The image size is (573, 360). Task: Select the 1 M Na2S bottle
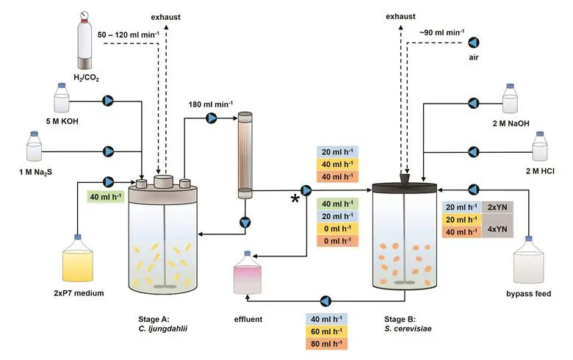(35, 148)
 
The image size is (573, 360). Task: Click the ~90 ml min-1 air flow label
(442, 32)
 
